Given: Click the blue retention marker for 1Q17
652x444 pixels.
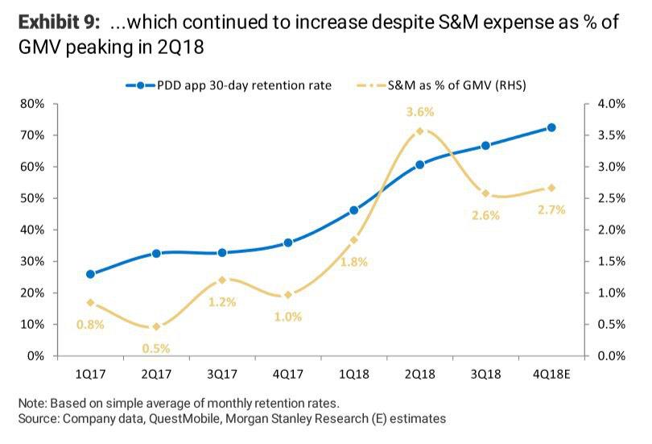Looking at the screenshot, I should point(90,274).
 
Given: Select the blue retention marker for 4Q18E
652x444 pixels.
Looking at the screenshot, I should point(551,127).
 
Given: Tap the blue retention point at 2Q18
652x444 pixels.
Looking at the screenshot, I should point(419,164).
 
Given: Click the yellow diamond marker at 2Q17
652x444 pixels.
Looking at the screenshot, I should point(155,327).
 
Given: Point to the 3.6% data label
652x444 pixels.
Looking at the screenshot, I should point(419,112).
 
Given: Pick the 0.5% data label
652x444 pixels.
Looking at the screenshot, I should point(155,348).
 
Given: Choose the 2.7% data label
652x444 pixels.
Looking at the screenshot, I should point(551,210).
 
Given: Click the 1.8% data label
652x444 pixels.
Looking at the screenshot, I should point(353,261).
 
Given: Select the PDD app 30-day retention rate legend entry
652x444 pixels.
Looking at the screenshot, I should point(229,85).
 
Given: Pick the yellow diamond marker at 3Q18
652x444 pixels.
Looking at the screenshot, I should point(485,193).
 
